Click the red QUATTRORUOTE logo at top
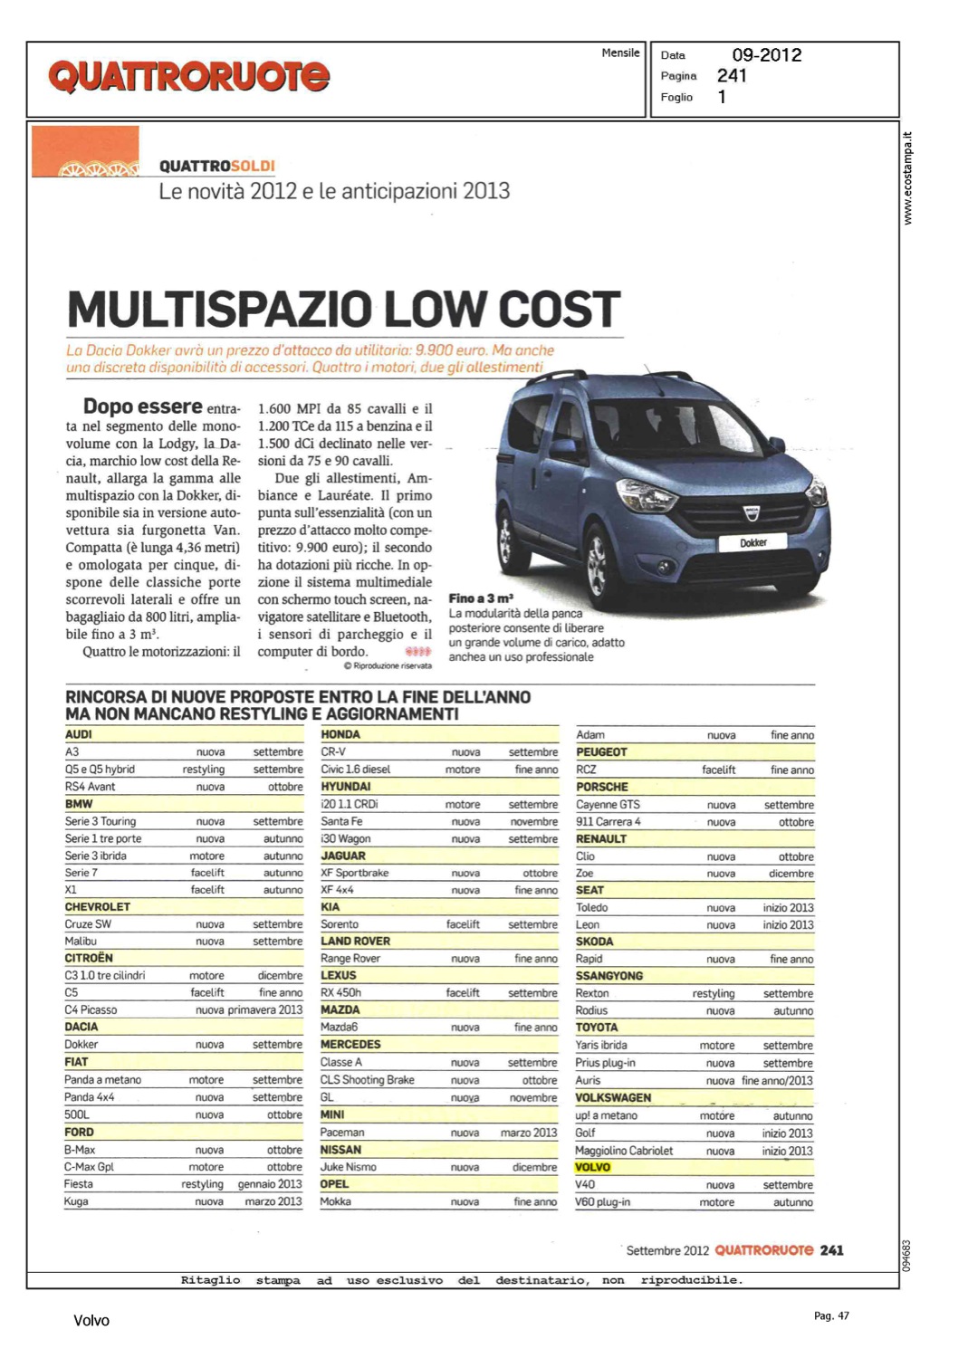pyautogui.click(x=188, y=77)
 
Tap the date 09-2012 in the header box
pyautogui.click(x=766, y=55)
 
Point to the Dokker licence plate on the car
pyautogui.click(x=752, y=542)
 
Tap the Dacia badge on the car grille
pyautogui.click(x=750, y=513)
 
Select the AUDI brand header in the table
pyautogui.click(x=79, y=734)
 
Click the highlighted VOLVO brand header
pyautogui.click(x=593, y=1167)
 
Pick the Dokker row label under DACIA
pyautogui.click(x=81, y=1044)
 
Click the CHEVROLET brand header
pyautogui.click(x=97, y=906)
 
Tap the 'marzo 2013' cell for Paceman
pyautogui.click(x=529, y=1133)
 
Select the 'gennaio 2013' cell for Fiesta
pyautogui.click(x=270, y=1184)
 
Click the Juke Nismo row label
pyautogui.click(x=349, y=1167)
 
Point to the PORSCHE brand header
pyautogui.click(x=602, y=787)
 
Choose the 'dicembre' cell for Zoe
pyautogui.click(x=791, y=874)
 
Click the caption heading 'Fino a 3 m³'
pyautogui.click(x=481, y=598)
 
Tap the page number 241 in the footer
pyautogui.click(x=831, y=1250)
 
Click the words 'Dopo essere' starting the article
pyautogui.click(x=142, y=406)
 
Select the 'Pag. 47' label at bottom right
pyautogui.click(x=831, y=1315)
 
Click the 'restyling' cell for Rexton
pyautogui.click(x=714, y=993)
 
